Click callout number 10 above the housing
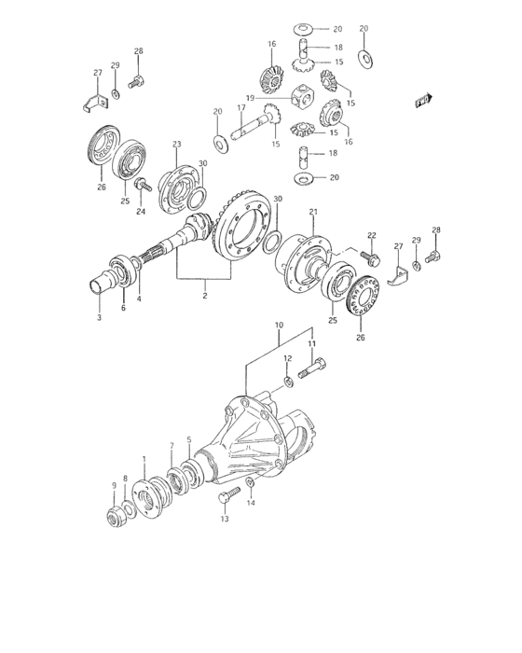pyautogui.click(x=277, y=326)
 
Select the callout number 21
pyautogui.click(x=313, y=212)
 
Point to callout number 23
pyautogui.click(x=176, y=144)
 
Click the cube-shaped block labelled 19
pyautogui.click(x=304, y=94)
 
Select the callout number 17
pyautogui.click(x=240, y=108)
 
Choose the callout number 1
pyautogui.click(x=144, y=459)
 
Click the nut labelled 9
pyautogui.click(x=117, y=516)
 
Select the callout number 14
pyautogui.click(x=249, y=504)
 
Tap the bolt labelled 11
pyautogui.click(x=310, y=376)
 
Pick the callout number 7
pyautogui.click(x=171, y=445)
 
